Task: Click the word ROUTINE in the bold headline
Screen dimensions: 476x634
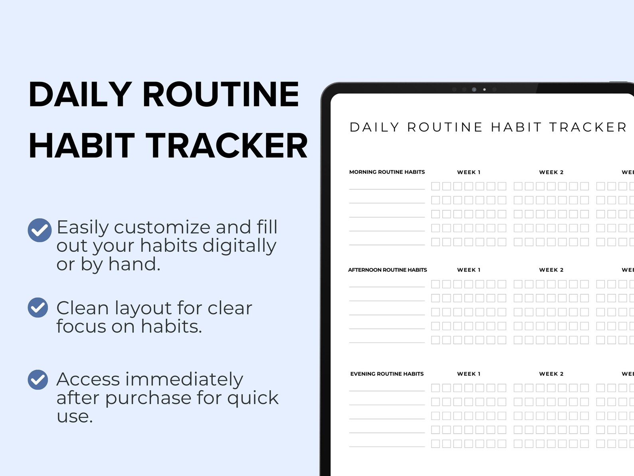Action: coord(220,94)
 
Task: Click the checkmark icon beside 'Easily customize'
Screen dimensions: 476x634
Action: coord(40,230)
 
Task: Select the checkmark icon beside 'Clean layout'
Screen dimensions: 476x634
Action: coord(38,307)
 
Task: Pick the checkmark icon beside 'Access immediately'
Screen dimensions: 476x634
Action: coord(38,379)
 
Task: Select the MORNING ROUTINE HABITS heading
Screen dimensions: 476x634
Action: coord(387,172)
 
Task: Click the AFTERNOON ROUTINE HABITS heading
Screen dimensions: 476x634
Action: coord(387,270)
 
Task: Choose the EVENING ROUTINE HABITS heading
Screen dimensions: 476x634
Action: coord(387,374)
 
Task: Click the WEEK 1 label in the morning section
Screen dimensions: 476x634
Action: coord(469,172)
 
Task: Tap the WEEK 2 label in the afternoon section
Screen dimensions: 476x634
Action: coord(551,270)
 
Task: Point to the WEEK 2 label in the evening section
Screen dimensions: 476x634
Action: coord(551,374)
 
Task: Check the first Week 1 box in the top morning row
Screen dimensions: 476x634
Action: coord(436,186)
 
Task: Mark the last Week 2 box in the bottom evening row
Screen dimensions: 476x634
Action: coord(584,444)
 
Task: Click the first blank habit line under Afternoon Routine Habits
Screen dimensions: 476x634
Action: coord(387,286)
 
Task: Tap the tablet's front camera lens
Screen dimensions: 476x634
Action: coord(474,90)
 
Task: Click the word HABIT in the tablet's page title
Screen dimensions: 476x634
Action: coord(516,127)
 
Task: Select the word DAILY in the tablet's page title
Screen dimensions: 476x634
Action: coord(374,127)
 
